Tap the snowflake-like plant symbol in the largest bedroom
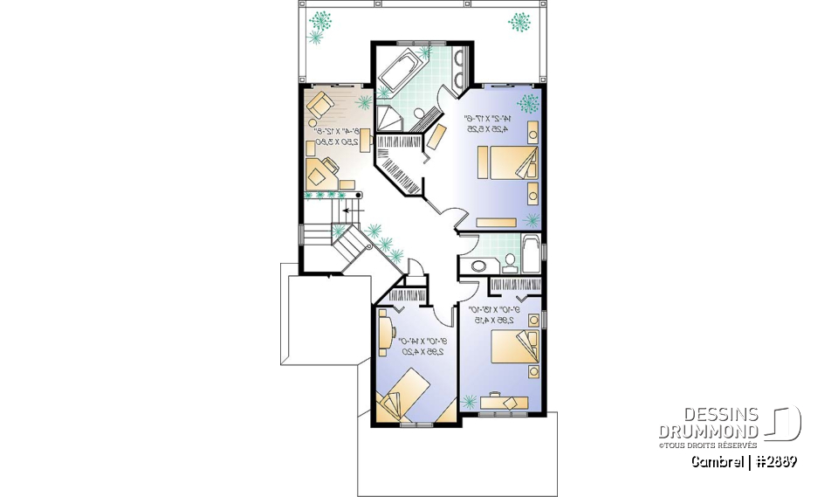click(527, 103)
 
